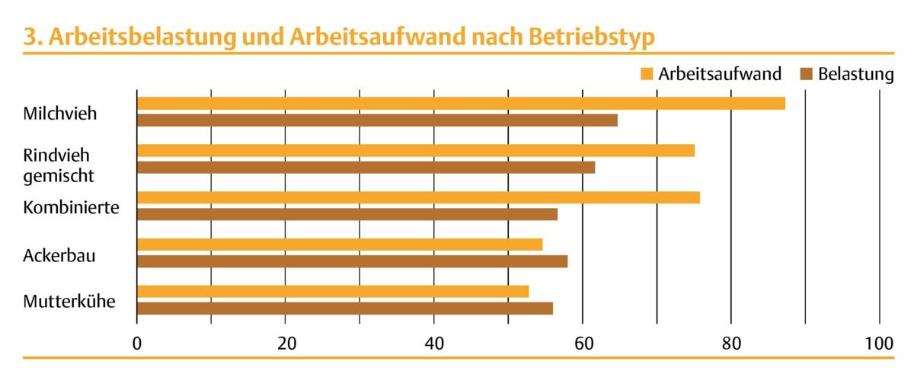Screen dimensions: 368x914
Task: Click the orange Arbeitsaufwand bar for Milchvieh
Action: click(461, 104)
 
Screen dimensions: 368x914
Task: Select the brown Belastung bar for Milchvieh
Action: click(377, 120)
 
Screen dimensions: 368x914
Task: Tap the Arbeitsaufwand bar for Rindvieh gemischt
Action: click(416, 150)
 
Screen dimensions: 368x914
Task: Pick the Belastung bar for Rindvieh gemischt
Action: click(366, 168)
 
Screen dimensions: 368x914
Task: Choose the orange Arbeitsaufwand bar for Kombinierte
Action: click(418, 198)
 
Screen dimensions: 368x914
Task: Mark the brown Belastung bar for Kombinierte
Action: click(347, 214)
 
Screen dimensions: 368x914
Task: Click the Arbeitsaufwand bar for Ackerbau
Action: click(340, 245)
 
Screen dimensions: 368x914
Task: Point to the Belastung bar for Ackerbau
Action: click(352, 261)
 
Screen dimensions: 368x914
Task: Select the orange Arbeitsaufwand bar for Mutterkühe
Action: click(333, 292)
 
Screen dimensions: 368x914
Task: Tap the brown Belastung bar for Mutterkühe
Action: click(345, 309)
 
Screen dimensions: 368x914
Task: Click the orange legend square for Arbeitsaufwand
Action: click(647, 75)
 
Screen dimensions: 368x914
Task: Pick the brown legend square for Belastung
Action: click(807, 75)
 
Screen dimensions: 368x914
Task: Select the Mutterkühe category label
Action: click(69, 301)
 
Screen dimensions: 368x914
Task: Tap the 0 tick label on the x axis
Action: click(137, 344)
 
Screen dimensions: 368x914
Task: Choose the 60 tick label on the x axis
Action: click(583, 344)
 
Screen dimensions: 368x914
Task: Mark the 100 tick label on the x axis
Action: click(879, 344)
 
